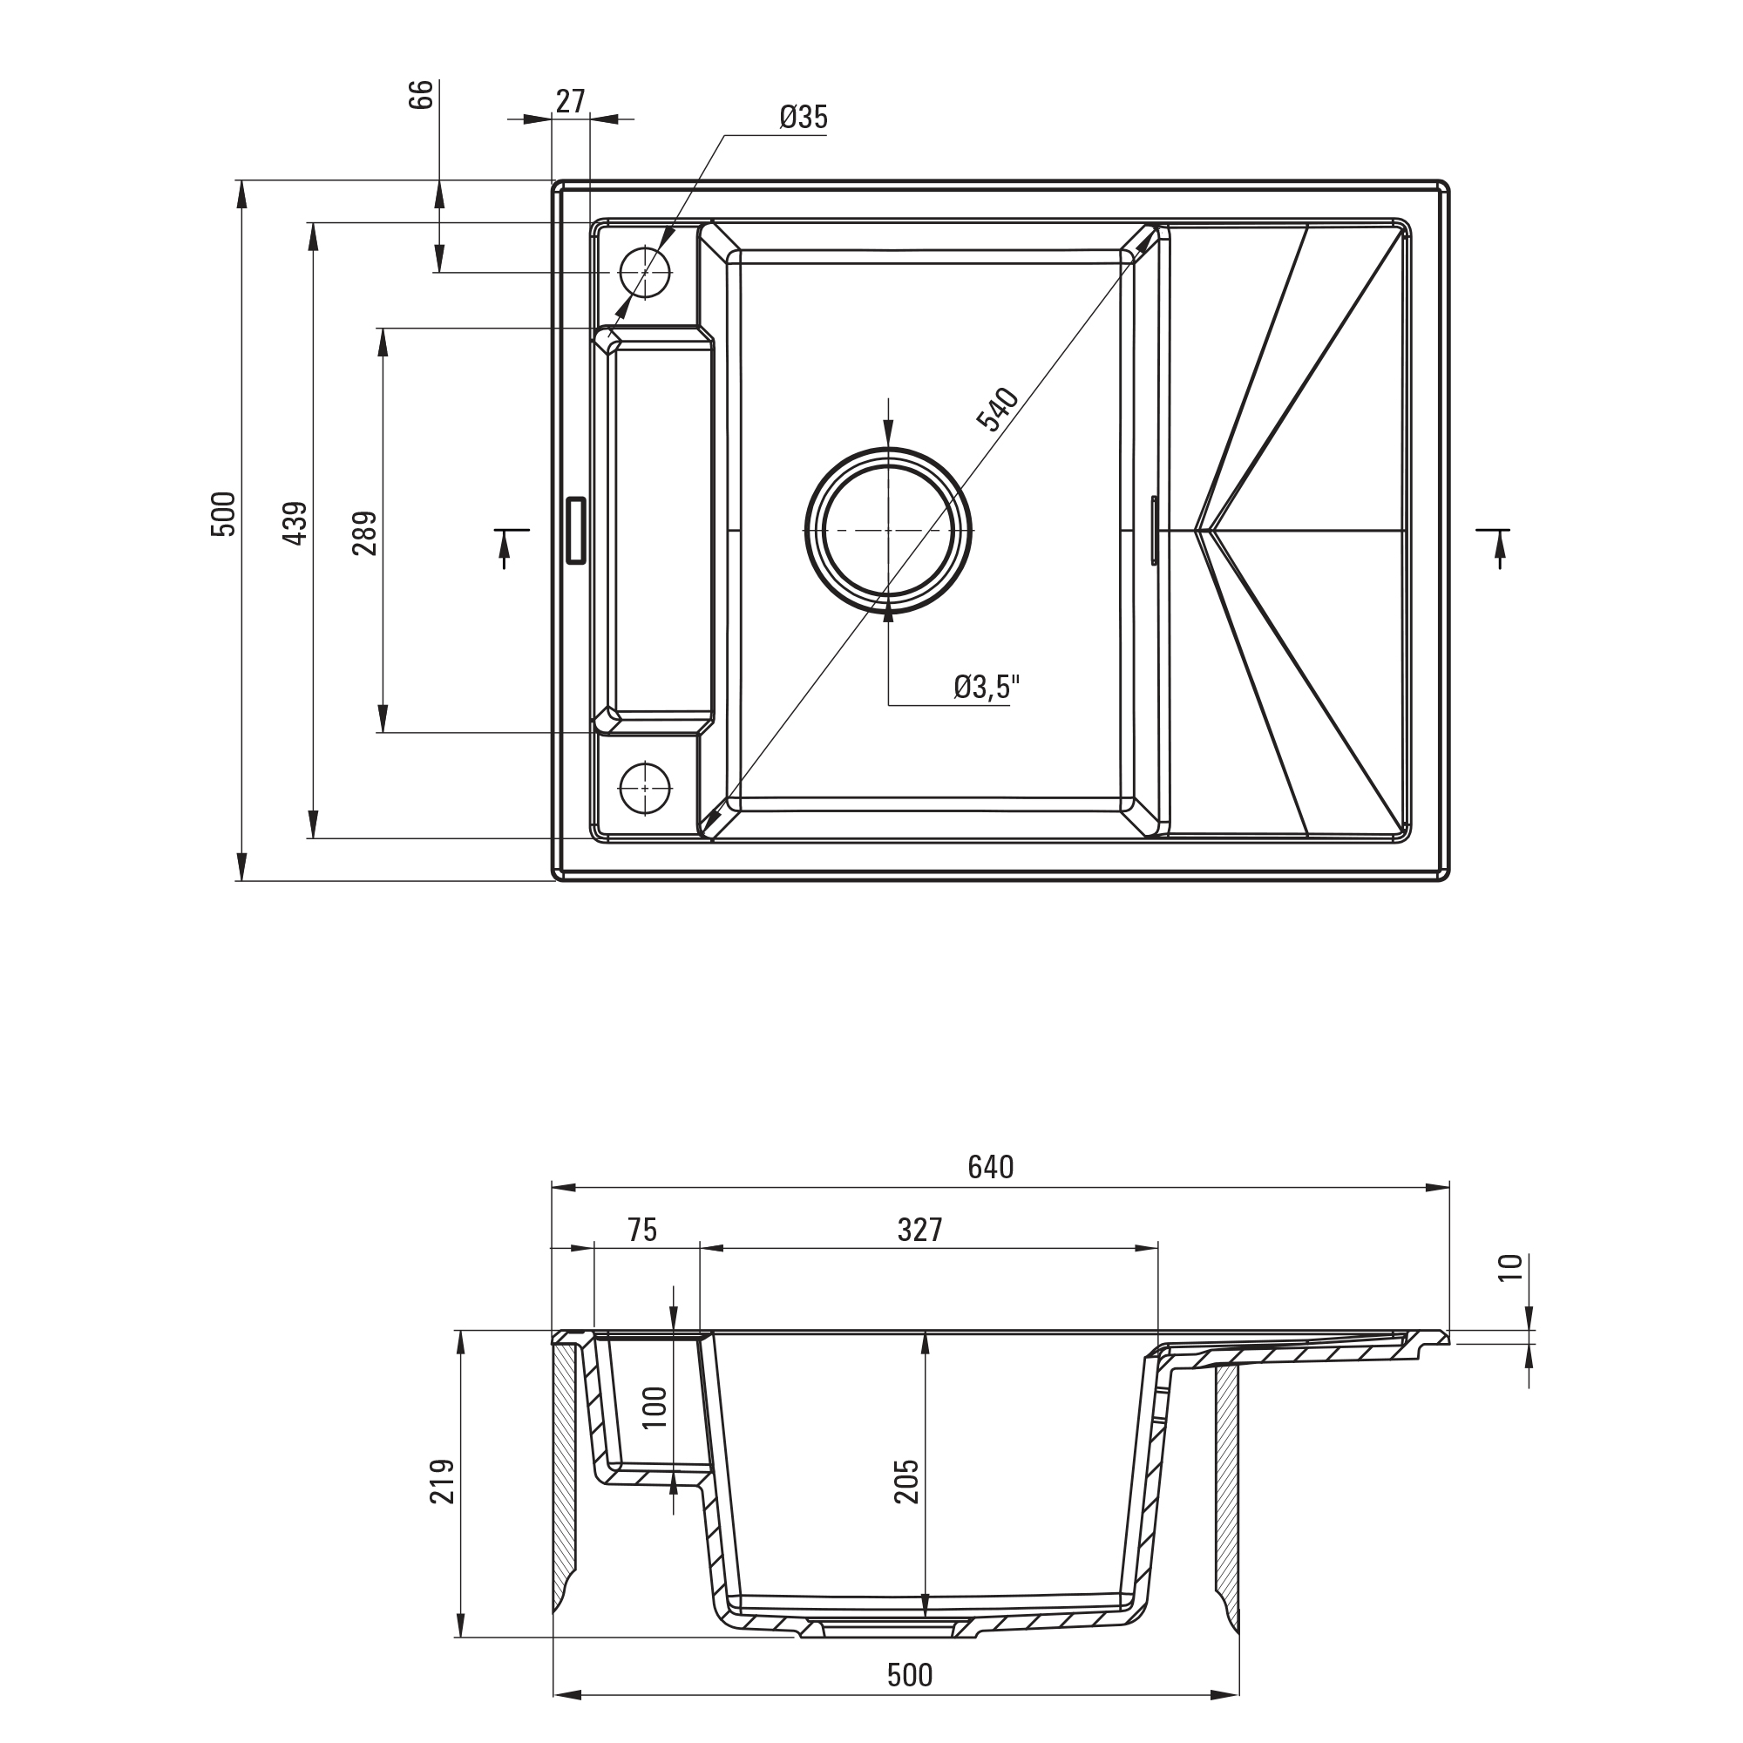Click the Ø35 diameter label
(803, 118)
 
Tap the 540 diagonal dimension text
(998, 409)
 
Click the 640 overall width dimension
(991, 1168)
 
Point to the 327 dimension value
(920, 1230)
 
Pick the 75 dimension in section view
(642, 1230)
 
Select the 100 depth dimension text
(655, 1407)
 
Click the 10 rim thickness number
(1510, 1266)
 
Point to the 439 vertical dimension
(295, 523)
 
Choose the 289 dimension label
(364, 532)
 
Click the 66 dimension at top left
(421, 95)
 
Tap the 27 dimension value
(570, 101)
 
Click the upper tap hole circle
(645, 272)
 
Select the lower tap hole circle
(645, 788)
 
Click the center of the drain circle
(889, 531)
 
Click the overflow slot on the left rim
(575, 531)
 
